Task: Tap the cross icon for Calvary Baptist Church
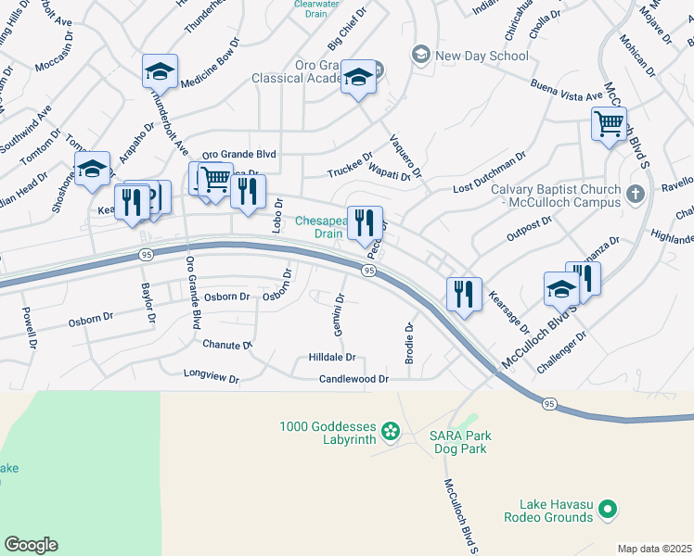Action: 635,194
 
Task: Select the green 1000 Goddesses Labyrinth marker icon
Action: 391,429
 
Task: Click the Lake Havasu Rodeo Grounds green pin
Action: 608,508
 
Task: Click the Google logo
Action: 31,545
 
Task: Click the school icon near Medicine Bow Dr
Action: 160,70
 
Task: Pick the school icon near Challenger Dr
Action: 562,288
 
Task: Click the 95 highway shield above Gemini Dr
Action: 368,271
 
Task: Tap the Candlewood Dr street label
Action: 353,379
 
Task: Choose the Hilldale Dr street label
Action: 332,357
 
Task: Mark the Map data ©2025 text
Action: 655,549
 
